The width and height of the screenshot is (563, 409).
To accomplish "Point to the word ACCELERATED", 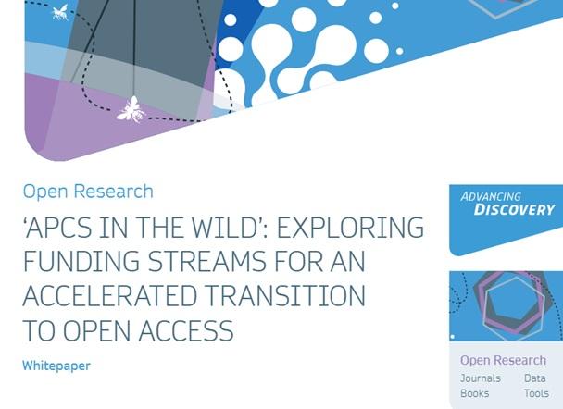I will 107,296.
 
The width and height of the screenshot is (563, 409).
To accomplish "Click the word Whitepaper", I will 56,366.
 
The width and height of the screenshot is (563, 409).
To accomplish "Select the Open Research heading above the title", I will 88,192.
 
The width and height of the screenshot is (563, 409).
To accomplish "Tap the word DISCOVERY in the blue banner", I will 514,210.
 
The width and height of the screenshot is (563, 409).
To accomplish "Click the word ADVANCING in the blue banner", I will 491,196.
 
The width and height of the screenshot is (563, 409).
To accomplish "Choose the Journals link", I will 481,378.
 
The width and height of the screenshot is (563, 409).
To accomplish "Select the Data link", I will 534,378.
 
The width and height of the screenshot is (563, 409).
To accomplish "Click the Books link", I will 475,393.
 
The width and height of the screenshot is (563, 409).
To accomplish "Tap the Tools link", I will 536,393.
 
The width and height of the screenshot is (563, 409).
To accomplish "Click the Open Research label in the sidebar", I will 503,360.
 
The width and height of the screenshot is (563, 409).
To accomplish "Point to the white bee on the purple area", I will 130,110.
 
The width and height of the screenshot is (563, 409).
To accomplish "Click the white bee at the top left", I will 60,11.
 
